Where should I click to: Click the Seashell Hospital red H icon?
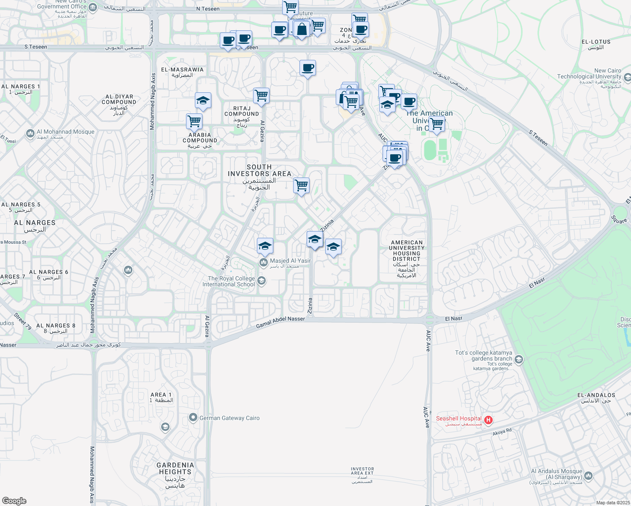coord(488,420)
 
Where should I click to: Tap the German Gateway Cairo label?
coord(229,418)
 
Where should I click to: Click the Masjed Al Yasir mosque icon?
coord(264,263)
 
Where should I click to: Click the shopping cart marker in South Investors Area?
coord(302,185)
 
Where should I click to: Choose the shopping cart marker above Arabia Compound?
coord(194,121)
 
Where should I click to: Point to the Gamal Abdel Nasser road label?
coord(280,322)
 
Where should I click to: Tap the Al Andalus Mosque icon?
coord(588,476)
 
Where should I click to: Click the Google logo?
coord(14,501)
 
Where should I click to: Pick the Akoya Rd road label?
coord(502,432)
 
